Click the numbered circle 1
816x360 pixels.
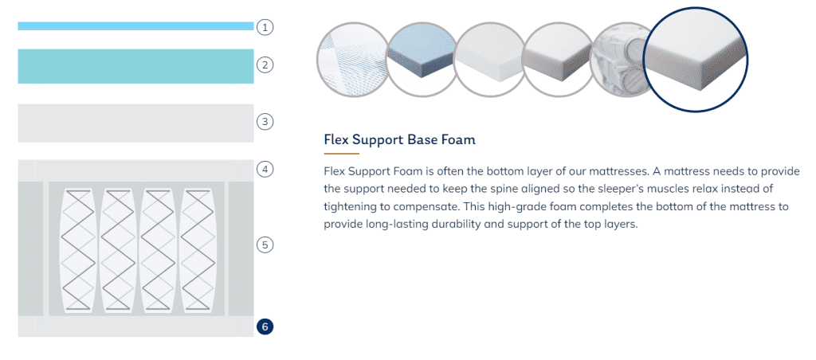click(x=265, y=27)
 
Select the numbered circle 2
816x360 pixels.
click(x=265, y=65)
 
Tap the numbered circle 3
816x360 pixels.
click(x=265, y=122)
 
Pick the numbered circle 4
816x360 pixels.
click(x=265, y=169)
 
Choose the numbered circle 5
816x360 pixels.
click(x=265, y=245)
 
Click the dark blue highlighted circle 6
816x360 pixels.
click(x=265, y=327)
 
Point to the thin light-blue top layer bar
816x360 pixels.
click(x=135, y=26)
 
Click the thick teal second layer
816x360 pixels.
click(x=135, y=66)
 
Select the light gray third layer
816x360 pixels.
click(x=135, y=123)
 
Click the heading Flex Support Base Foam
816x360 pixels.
click(x=400, y=140)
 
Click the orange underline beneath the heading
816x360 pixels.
click(x=341, y=154)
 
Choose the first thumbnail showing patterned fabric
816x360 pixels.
click(x=352, y=58)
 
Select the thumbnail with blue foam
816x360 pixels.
click(x=421, y=58)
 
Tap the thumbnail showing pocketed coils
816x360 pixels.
click(x=619, y=58)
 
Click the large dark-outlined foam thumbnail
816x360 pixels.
click(x=696, y=59)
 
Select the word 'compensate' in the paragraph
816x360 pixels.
click(x=429, y=207)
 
